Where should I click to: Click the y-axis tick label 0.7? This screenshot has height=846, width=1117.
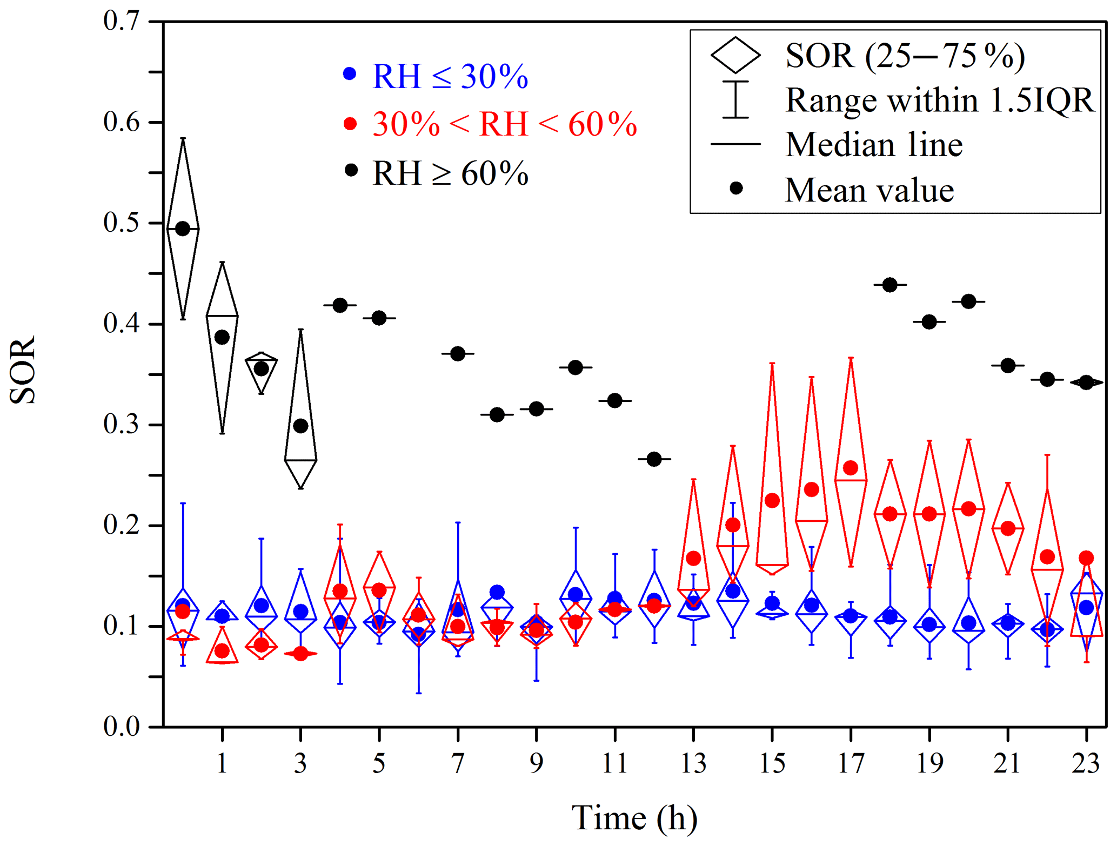click(121, 22)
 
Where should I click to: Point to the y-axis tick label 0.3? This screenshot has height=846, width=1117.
click(121, 425)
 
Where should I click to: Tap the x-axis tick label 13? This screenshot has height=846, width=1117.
click(693, 764)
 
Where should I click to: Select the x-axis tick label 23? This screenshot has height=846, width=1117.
click(1086, 764)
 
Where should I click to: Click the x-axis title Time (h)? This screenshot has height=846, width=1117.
click(634, 818)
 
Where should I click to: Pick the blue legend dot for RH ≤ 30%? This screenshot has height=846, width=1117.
click(350, 73)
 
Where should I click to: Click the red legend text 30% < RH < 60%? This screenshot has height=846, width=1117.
click(505, 124)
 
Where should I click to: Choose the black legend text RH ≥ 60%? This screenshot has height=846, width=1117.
click(450, 173)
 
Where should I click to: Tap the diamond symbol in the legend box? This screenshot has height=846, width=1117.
click(735, 55)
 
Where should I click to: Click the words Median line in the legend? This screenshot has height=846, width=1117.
click(874, 145)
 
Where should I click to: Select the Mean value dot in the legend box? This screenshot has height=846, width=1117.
click(736, 188)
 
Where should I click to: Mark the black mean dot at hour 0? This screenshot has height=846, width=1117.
click(183, 229)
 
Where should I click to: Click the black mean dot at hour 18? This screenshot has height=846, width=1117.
click(889, 285)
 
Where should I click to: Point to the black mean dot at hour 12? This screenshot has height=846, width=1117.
click(654, 459)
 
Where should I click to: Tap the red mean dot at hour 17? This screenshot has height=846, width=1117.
click(851, 468)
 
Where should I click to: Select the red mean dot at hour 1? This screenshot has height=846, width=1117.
click(222, 651)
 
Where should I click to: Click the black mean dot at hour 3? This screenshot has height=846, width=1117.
click(300, 426)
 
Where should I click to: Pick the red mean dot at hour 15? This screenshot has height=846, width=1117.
click(772, 500)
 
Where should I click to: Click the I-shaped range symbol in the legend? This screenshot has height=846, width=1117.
click(735, 99)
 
